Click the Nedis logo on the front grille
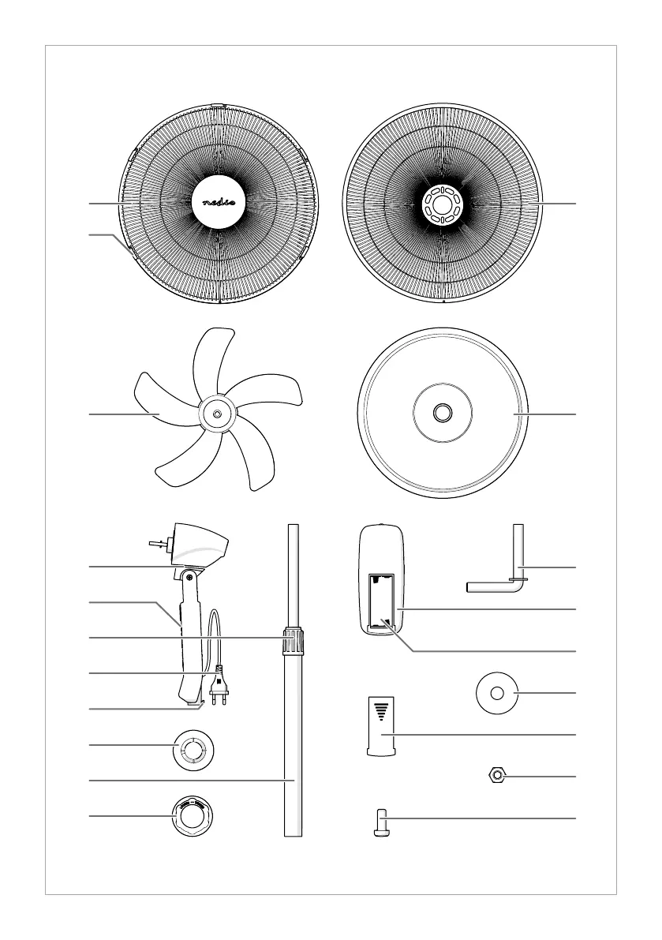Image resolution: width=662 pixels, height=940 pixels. coord(219,203)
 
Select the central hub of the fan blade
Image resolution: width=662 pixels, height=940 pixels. coord(215,413)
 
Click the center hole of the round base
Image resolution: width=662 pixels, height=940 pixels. coord(442,412)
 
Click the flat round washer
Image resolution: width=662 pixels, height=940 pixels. coord(496,693)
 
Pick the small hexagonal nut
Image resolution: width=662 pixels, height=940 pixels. coord(496,777)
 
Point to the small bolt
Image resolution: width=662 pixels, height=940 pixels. coord(381,822)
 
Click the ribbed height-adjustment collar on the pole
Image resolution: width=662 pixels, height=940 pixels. coord(294,639)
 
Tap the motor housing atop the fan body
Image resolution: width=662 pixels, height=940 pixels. coord(200,545)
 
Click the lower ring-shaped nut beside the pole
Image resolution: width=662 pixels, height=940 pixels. coord(192,817)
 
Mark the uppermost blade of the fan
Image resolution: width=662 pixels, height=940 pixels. coord(210,360)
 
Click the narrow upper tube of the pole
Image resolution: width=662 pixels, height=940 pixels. coord(294,575)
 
